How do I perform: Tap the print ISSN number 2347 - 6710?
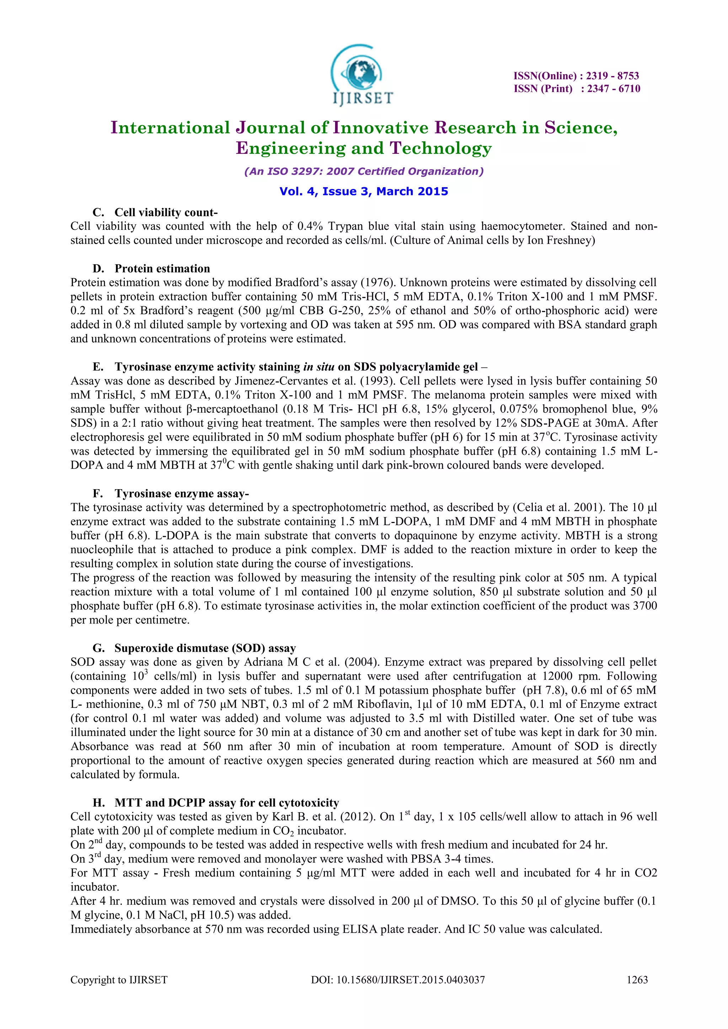[x=614, y=89]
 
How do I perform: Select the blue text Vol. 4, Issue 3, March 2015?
[x=364, y=192]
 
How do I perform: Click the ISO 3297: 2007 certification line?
[x=364, y=171]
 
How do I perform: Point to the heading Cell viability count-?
[x=166, y=212]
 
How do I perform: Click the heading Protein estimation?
[x=162, y=269]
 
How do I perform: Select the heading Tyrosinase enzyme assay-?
[x=182, y=494]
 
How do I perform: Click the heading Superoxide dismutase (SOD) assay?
[x=205, y=648]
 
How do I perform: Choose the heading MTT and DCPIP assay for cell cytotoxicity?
[x=227, y=803]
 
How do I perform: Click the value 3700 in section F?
[x=644, y=606]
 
